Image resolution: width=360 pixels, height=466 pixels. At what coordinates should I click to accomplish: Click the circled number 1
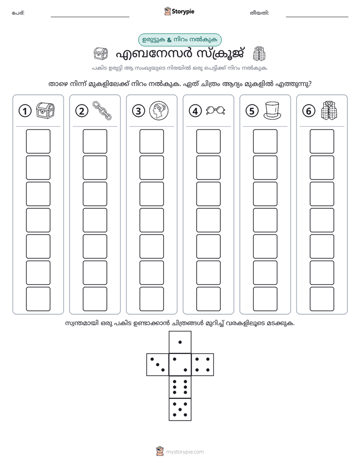(x=25, y=111)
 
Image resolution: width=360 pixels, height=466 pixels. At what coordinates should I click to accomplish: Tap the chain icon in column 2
(x=102, y=110)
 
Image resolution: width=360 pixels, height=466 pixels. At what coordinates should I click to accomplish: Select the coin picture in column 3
(x=159, y=110)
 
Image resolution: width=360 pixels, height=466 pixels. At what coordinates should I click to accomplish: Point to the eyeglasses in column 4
(x=216, y=110)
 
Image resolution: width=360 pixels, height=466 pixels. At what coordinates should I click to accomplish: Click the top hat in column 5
(x=272, y=110)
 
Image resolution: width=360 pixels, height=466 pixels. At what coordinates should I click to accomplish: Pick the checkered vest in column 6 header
(x=329, y=110)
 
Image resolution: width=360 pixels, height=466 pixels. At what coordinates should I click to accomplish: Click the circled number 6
(x=309, y=111)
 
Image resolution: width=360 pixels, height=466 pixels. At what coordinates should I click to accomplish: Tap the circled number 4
(x=195, y=111)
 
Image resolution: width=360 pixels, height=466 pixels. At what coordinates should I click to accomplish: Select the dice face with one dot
(x=180, y=342)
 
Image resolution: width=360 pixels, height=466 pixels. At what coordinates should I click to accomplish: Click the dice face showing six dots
(x=180, y=387)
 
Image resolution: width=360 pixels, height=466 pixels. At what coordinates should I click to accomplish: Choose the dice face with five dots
(x=180, y=410)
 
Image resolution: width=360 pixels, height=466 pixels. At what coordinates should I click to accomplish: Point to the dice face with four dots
(x=203, y=365)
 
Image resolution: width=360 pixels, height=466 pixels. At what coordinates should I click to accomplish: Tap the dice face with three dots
(x=158, y=365)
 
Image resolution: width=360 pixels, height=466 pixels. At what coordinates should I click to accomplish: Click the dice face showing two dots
(x=180, y=365)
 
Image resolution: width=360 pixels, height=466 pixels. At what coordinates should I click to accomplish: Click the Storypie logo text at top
(x=183, y=11)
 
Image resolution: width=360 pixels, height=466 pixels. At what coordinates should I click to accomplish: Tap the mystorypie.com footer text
(x=185, y=452)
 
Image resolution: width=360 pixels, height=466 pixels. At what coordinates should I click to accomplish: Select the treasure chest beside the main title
(x=101, y=54)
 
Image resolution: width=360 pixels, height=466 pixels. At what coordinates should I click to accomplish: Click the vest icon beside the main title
(x=259, y=54)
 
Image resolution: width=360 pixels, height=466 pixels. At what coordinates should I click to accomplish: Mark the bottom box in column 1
(x=38, y=299)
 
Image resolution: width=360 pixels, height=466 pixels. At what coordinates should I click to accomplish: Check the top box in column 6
(x=322, y=141)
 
